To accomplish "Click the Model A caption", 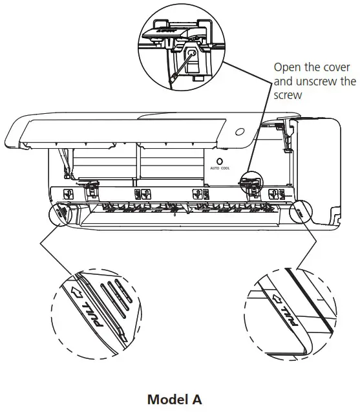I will pos(175,400).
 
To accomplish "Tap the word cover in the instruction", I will pos(334,67).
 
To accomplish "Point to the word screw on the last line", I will pos(288,96).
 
